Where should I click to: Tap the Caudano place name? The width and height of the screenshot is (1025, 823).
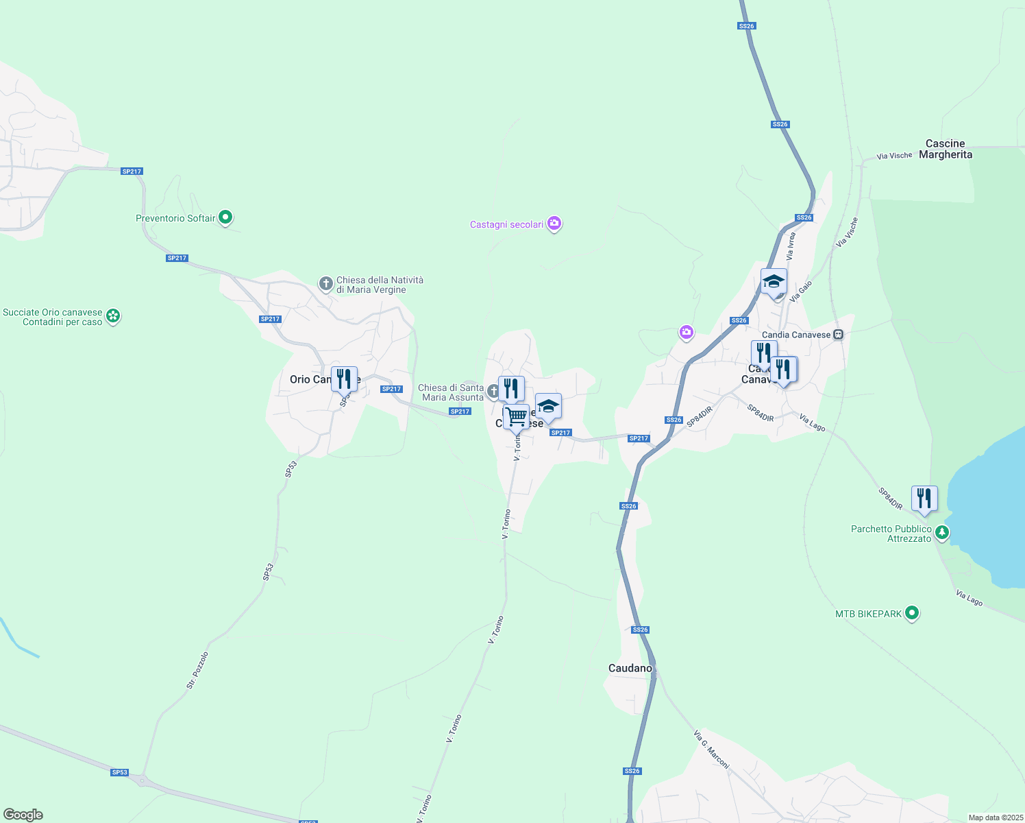point(630,668)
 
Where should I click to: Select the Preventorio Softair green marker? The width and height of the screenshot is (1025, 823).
point(225,218)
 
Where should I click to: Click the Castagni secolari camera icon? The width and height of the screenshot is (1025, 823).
point(554,224)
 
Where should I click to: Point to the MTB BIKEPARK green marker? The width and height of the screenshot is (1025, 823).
point(911,613)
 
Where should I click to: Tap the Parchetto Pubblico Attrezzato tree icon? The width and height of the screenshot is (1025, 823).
point(942,532)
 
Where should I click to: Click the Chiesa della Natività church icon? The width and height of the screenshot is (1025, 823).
point(326,283)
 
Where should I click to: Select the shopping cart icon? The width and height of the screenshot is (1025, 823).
point(516,416)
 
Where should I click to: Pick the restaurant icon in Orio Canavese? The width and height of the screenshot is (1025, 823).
point(344,379)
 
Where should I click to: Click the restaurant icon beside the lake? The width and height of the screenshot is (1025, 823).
point(924,499)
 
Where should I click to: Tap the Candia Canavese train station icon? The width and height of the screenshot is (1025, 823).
point(838,335)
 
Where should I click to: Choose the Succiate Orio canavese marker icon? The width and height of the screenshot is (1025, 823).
point(113,316)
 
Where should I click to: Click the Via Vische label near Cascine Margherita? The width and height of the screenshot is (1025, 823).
point(894,156)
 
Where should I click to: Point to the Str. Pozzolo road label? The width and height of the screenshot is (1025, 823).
point(197,670)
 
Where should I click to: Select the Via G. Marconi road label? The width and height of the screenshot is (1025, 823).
point(711,750)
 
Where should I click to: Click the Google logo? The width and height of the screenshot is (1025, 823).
point(23,815)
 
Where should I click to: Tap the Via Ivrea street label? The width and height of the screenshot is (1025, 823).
point(791,246)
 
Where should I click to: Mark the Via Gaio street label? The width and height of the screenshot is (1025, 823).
point(800,291)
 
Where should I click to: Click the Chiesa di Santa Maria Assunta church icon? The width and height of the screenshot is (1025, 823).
point(493,392)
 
